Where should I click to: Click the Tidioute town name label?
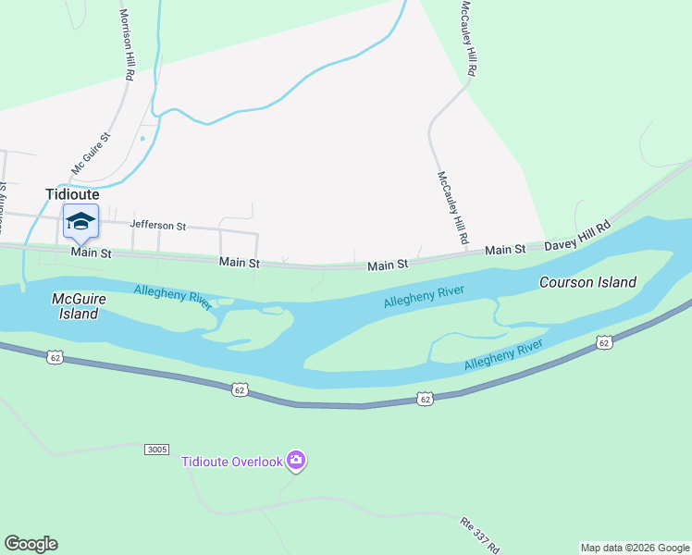72,194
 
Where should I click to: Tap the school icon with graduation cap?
80,221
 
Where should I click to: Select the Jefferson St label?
158,225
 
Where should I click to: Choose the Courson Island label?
587,282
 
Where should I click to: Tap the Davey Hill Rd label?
578,237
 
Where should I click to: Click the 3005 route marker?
157,450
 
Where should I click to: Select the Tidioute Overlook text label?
231,462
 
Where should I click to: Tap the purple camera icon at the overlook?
296,460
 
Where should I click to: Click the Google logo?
31,544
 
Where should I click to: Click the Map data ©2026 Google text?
635,548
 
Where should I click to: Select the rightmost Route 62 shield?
604,342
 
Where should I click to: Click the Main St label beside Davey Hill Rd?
505,250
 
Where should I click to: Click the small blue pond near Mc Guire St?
142,139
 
